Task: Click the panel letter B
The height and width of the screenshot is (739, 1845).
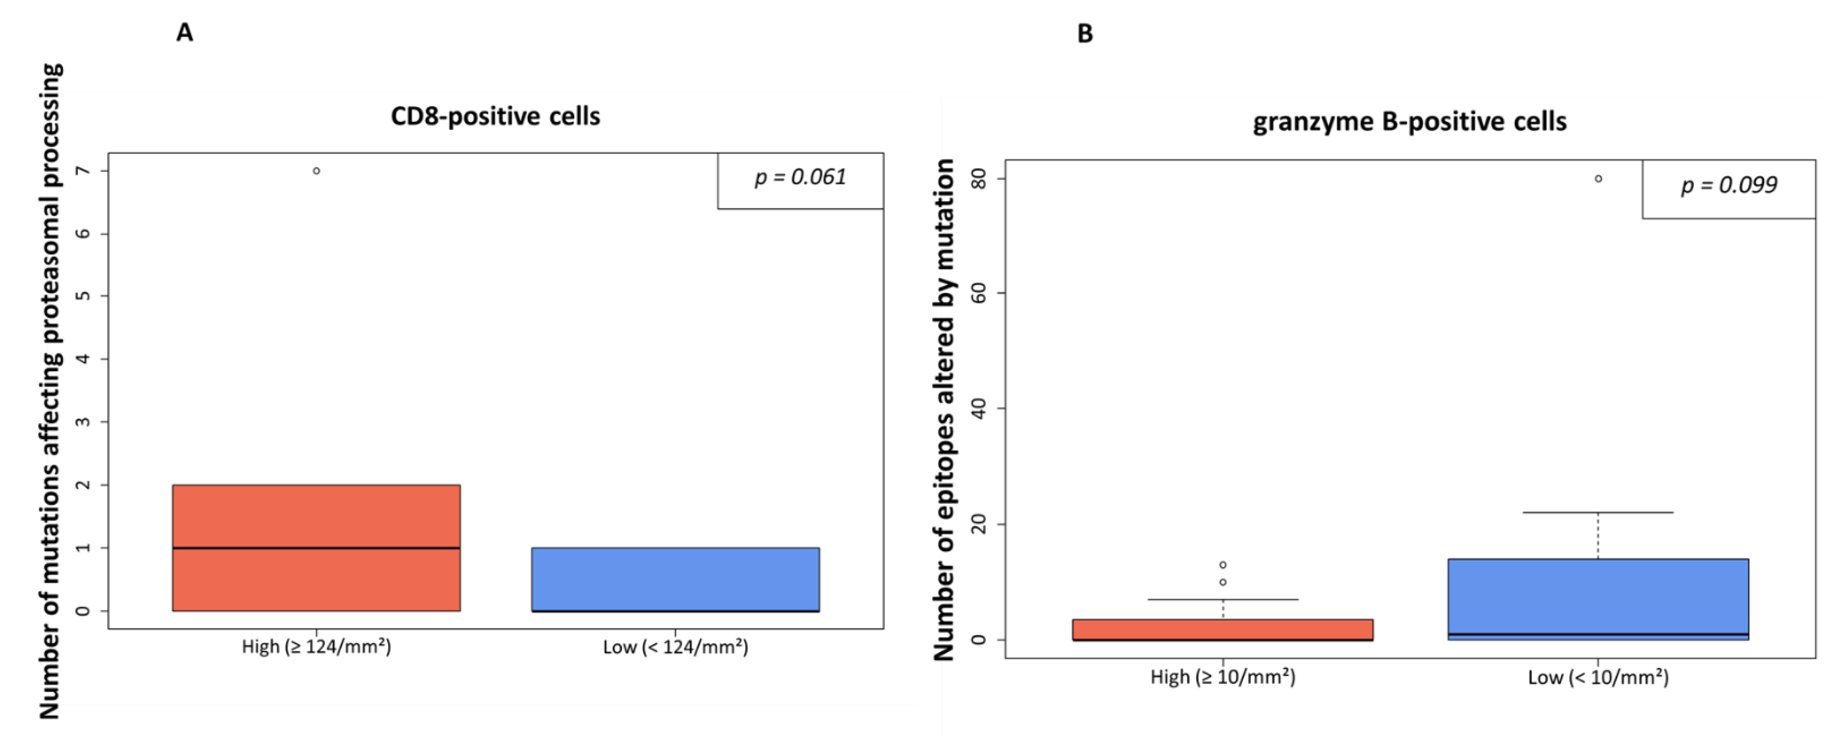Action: [1085, 34]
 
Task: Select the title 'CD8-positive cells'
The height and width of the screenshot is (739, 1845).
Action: [495, 116]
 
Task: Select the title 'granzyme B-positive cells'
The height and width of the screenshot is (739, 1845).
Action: [1409, 122]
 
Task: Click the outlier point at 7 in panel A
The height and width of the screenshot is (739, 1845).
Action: [316, 171]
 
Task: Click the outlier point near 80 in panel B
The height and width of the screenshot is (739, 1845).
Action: [1598, 179]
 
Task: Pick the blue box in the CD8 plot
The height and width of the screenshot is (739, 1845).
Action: [675, 578]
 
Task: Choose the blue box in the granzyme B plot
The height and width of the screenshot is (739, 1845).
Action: [1598, 598]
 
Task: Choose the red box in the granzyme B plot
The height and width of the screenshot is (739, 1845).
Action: [1223, 629]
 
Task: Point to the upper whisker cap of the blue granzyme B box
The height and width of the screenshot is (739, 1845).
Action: [1598, 513]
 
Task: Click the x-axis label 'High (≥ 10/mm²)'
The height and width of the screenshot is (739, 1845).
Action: [1223, 677]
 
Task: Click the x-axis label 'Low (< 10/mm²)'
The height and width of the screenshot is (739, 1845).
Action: [1598, 677]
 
